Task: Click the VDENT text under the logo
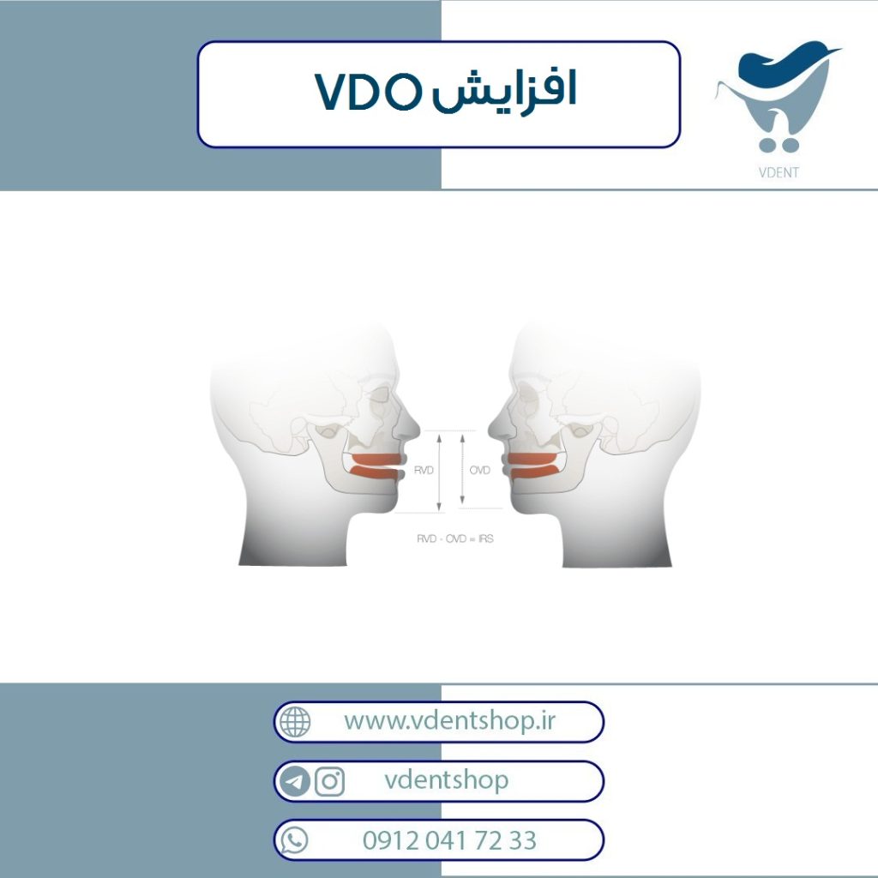click(x=779, y=172)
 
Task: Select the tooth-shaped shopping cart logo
click(x=779, y=96)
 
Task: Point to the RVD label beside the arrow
click(x=424, y=470)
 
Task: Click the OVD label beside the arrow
click(x=479, y=470)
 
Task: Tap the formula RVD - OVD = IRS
click(x=454, y=538)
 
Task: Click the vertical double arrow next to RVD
click(x=440, y=472)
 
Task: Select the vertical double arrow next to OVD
click(x=462, y=468)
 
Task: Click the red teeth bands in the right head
click(x=535, y=466)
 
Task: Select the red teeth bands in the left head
click(x=376, y=466)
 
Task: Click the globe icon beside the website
click(x=295, y=722)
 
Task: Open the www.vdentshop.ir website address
click(x=449, y=721)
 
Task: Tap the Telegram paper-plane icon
click(x=295, y=781)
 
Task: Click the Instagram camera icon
click(x=330, y=781)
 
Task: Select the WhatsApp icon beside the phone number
click(x=294, y=840)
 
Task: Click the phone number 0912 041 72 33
click(x=449, y=840)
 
